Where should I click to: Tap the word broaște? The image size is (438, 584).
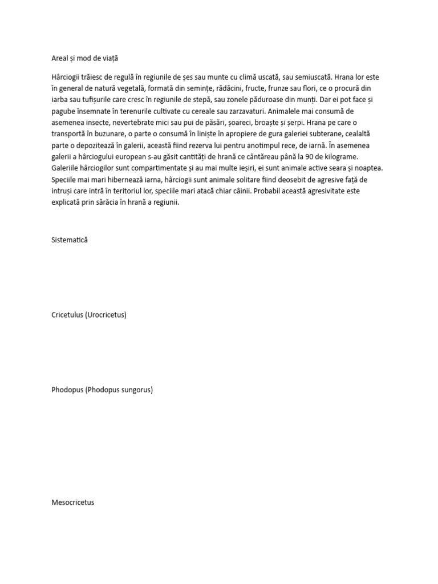[265, 123]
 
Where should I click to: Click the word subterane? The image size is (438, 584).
[320, 134]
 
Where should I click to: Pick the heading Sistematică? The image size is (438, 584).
[70, 240]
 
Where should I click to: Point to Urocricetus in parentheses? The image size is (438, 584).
[106, 315]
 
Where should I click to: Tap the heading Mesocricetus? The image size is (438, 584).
[72, 502]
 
